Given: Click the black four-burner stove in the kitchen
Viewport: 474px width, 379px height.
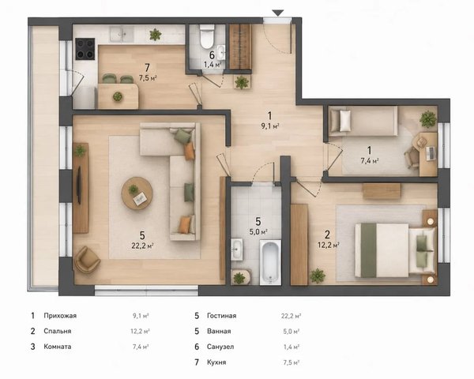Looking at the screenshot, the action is (x=85, y=49).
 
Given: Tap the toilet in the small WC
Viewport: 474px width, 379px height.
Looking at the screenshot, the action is (x=207, y=36).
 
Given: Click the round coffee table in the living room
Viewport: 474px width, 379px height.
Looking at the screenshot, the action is (x=137, y=193).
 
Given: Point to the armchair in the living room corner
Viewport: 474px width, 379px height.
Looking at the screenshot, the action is (x=87, y=260).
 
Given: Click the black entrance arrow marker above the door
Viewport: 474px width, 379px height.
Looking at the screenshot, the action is (x=277, y=13).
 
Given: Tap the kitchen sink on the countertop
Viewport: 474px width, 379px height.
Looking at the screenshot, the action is (x=122, y=34).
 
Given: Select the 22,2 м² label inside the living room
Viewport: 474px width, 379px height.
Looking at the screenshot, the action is (x=142, y=246).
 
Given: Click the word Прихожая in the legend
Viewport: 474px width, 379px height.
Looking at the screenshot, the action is (x=60, y=316).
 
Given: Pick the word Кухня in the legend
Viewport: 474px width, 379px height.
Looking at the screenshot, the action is (x=216, y=362).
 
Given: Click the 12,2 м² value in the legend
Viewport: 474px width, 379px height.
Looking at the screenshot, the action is (x=141, y=332).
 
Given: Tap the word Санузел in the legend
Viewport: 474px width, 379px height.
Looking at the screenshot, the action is (x=220, y=347).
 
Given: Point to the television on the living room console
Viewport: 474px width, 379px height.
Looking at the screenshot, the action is (x=79, y=185).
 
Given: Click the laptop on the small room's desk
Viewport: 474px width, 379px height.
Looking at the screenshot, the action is (x=431, y=153).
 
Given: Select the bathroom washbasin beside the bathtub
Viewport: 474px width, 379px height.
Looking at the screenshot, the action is (x=237, y=250).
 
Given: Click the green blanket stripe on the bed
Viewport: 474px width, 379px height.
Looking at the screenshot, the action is (x=368, y=250).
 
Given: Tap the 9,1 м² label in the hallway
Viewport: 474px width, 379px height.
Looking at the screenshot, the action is (x=270, y=126).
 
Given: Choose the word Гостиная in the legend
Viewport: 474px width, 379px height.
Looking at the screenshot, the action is (x=221, y=316).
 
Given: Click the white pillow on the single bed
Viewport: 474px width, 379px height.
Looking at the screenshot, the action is (x=345, y=121).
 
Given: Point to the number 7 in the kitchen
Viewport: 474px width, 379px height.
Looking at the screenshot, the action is (x=147, y=68).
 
